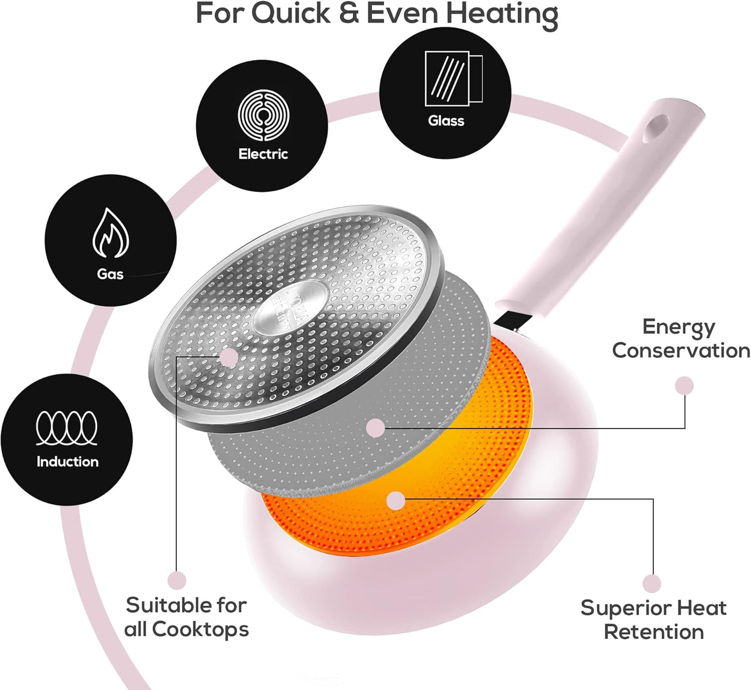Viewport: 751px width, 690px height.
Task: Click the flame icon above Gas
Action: [110, 232]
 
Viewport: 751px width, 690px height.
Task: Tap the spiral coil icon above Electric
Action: [263, 115]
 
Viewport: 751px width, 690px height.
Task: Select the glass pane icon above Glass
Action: [453, 79]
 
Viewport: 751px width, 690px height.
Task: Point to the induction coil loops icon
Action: [67, 428]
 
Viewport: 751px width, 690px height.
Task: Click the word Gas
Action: [110, 274]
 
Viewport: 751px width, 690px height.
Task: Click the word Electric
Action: [263, 153]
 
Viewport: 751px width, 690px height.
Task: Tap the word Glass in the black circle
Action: [446, 121]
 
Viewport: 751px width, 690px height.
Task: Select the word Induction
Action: [68, 462]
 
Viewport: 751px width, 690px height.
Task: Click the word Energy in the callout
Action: [679, 328]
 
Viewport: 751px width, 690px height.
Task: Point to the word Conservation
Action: [681, 351]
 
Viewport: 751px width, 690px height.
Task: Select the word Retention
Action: [654, 632]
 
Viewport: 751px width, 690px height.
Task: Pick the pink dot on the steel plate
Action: [229, 357]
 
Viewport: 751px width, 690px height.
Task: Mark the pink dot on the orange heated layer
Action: [396, 500]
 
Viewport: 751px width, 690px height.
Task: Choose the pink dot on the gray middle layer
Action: [375, 428]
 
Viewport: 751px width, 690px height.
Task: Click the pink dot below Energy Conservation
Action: [684, 386]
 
